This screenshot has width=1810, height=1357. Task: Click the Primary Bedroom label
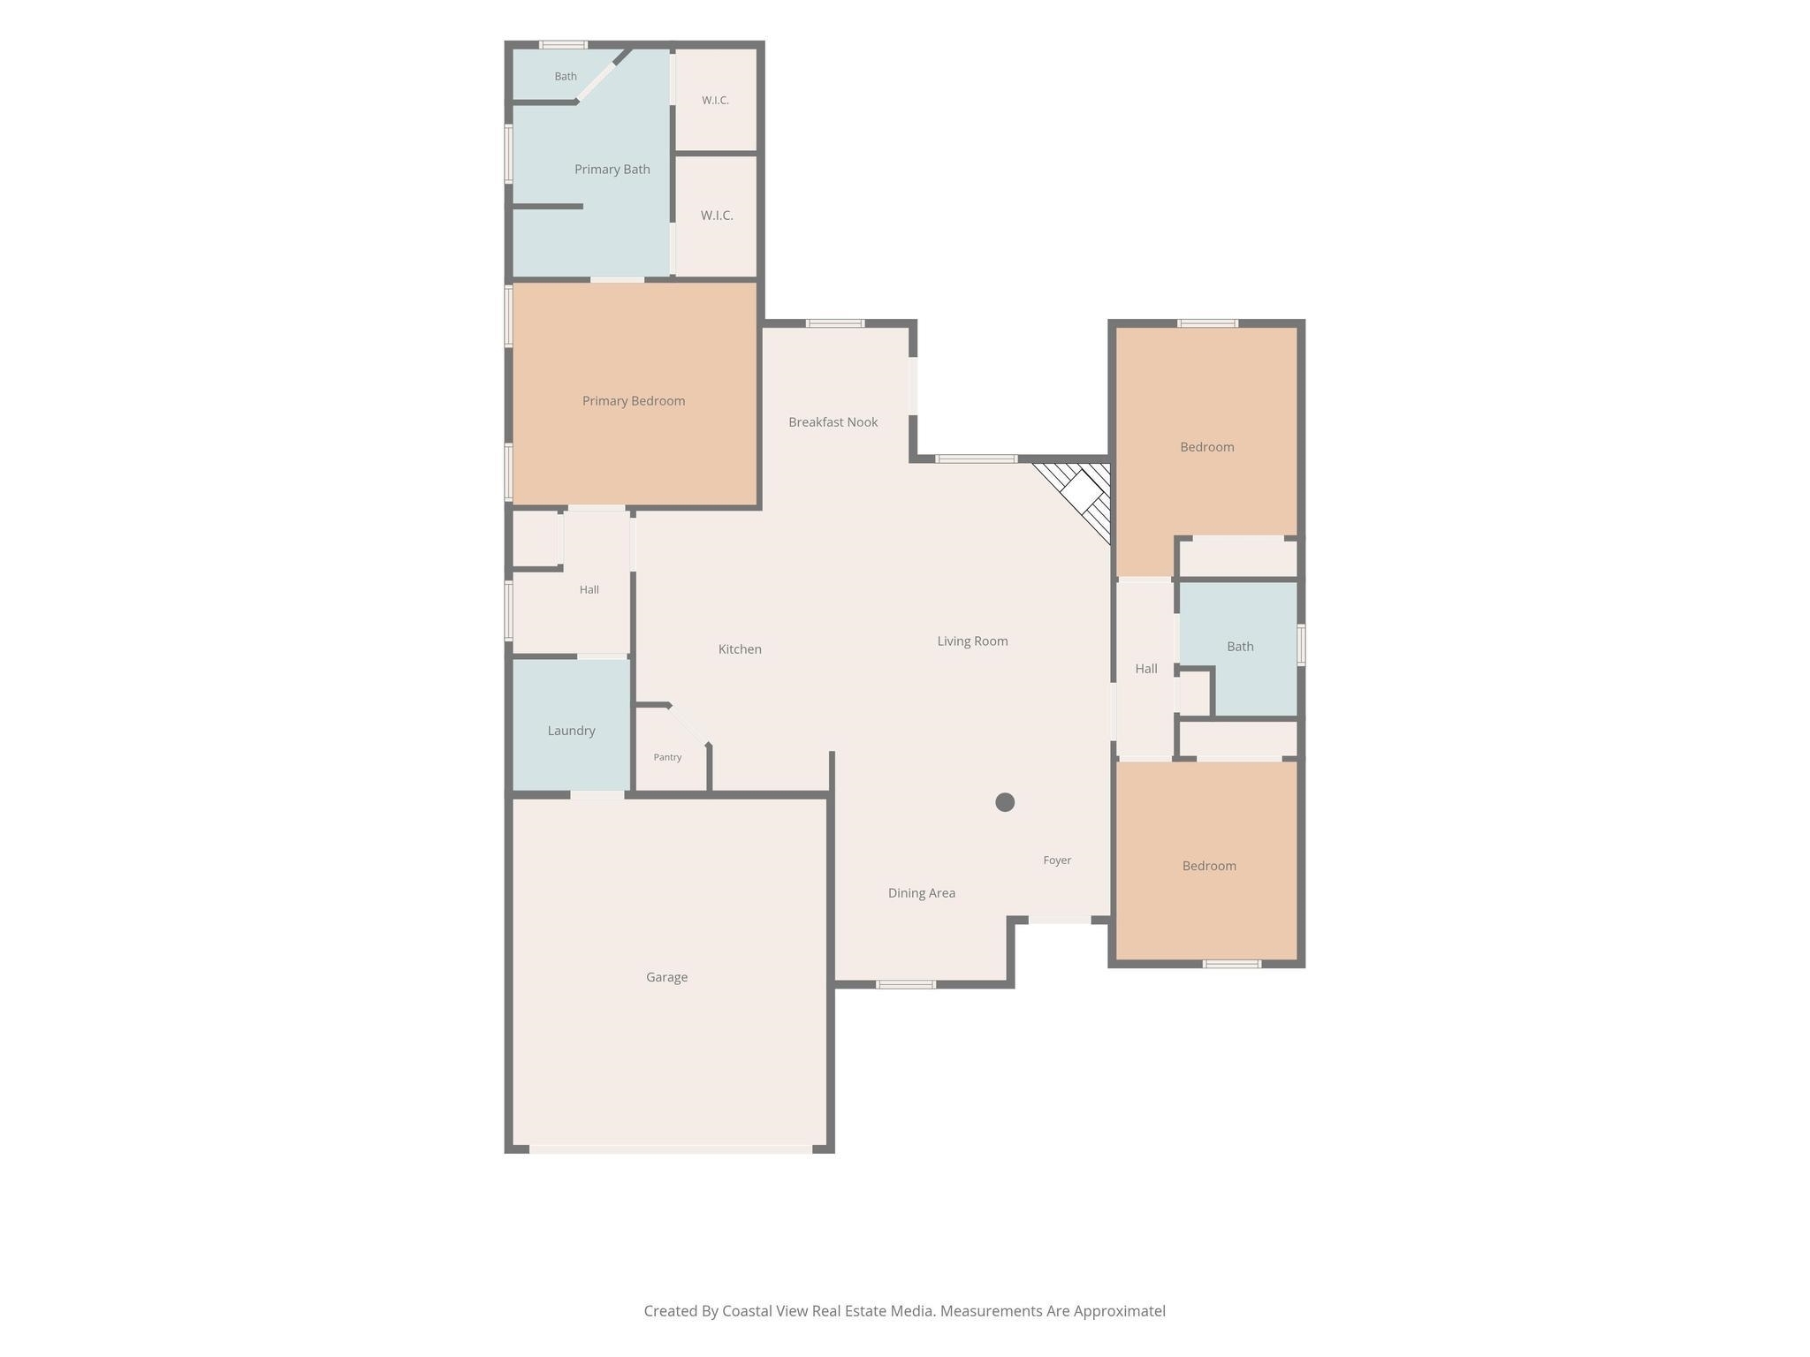pyautogui.click(x=634, y=401)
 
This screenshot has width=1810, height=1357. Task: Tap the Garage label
pyautogui.click(x=666, y=977)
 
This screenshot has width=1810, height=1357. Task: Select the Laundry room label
pyautogui.click(x=571, y=731)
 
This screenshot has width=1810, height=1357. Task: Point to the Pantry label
pyautogui.click(x=667, y=757)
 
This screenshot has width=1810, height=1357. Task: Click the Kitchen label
pyautogui.click(x=740, y=649)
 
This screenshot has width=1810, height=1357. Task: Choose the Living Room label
pyautogui.click(x=972, y=641)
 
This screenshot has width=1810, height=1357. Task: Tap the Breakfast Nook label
pyautogui.click(x=833, y=422)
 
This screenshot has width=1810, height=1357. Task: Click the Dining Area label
pyautogui.click(x=921, y=893)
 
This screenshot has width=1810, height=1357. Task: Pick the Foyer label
pyautogui.click(x=1057, y=860)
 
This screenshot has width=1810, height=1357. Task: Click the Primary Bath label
pyautogui.click(x=612, y=170)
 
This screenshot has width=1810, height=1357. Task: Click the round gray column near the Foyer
pyautogui.click(x=1005, y=802)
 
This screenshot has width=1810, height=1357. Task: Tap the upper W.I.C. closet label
pyautogui.click(x=715, y=101)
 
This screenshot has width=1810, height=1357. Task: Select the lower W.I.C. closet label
pyautogui.click(x=717, y=216)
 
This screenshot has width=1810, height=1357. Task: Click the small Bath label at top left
pyautogui.click(x=566, y=77)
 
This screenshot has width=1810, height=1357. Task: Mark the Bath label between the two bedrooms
pyautogui.click(x=1240, y=647)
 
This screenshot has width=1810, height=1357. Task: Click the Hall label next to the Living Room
pyautogui.click(x=1146, y=669)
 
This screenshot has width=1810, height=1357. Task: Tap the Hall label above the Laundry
pyautogui.click(x=589, y=590)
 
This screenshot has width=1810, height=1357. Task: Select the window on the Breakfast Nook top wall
pyautogui.click(x=835, y=323)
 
